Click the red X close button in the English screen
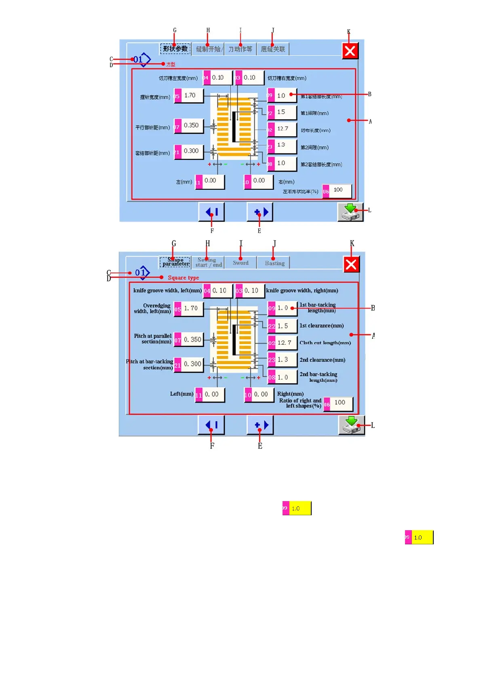point(351,264)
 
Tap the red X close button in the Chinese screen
point(350,51)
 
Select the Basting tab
point(274,263)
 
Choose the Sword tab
point(240,263)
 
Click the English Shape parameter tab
point(175,262)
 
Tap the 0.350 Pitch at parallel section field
point(192,340)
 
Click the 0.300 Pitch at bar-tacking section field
point(192,364)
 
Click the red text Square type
point(183,277)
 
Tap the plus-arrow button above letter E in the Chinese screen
point(260,212)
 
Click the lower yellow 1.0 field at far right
point(421,537)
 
